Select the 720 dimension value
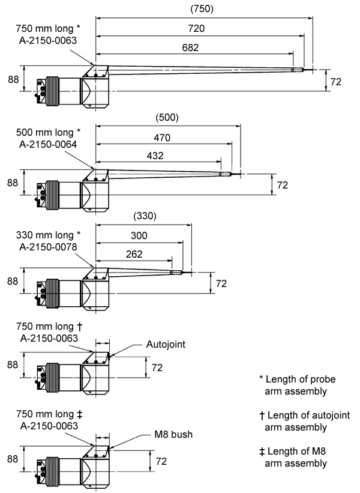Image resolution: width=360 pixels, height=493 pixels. point(197,28)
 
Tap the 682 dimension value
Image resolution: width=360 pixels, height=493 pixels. point(191,47)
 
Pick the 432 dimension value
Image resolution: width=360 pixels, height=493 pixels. point(155,156)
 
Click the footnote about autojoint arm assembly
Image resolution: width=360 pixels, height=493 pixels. point(304,421)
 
